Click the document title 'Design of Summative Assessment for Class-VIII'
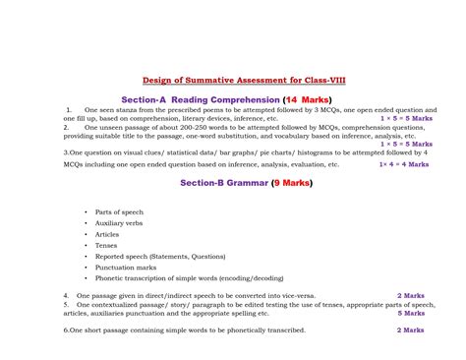click(x=233, y=82)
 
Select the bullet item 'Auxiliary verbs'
click(x=118, y=222)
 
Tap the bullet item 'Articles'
click(x=107, y=234)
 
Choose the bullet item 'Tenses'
click(x=106, y=245)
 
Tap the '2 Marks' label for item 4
click(x=410, y=294)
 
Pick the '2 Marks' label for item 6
click(x=410, y=330)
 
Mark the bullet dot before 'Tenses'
click(x=87, y=245)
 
